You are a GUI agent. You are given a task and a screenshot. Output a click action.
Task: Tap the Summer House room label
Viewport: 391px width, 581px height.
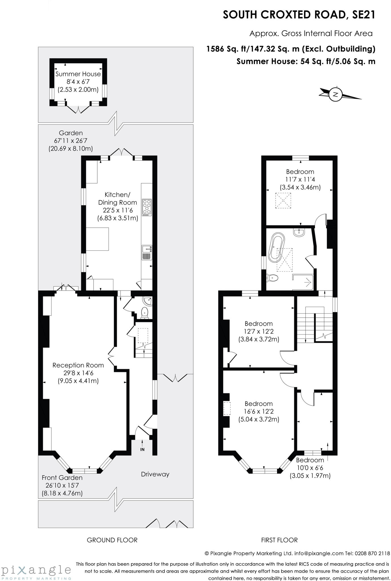click(x=78, y=74)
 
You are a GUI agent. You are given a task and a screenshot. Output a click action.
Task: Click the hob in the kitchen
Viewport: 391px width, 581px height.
click(x=147, y=207)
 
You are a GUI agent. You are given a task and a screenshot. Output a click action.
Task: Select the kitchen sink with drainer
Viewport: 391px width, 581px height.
click(x=147, y=252)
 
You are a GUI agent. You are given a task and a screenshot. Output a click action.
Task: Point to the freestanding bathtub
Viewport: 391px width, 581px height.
click(x=276, y=247)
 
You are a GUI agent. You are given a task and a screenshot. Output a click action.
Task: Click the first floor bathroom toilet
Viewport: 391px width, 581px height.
click(x=272, y=278)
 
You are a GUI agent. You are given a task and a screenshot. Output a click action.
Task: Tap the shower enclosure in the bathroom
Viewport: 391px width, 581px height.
click(x=303, y=282)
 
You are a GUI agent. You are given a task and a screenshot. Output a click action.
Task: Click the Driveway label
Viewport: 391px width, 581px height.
click(x=155, y=474)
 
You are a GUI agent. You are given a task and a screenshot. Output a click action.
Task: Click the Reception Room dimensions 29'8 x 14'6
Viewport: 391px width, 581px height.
click(x=78, y=373)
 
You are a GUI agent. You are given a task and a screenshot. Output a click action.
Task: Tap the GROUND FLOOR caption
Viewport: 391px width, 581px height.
click(x=112, y=540)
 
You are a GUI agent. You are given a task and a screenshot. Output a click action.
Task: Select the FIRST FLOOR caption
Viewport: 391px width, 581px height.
click(x=279, y=540)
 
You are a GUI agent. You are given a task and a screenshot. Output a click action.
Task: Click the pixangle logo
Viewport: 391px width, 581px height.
click(x=36, y=570)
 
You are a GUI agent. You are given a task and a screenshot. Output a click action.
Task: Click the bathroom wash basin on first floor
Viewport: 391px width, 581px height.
click(x=299, y=232)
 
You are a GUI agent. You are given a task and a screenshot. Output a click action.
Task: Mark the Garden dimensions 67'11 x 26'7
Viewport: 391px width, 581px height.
click(x=71, y=141)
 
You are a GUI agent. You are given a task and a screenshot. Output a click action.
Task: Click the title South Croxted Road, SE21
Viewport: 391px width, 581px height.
click(x=299, y=15)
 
